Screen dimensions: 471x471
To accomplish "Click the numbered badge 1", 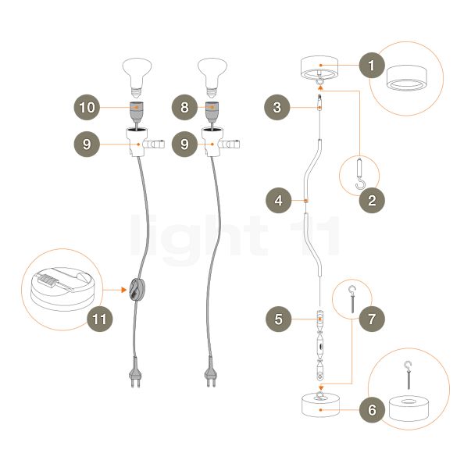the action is coord(372,65).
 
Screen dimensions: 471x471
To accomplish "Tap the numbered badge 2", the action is coord(372,201).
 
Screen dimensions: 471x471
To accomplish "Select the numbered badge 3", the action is coord(277,107).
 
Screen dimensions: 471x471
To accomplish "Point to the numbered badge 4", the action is coord(278,201).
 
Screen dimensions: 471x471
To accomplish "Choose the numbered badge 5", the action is coord(278,319).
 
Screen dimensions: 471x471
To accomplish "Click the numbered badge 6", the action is coord(372,410).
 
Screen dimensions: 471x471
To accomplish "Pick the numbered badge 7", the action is coord(372,319).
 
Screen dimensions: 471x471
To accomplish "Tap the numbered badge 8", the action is coord(184,107).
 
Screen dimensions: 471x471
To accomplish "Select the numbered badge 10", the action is coord(87,107).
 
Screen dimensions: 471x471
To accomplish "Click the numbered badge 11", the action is coord(100,319).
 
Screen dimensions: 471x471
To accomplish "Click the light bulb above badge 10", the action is coord(137,77).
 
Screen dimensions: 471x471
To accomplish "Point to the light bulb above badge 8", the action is coord(212,77).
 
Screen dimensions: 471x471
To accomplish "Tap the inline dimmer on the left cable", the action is coord(137,290).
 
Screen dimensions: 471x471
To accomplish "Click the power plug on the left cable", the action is coord(135,372).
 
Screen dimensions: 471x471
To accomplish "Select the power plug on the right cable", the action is coord(210,372).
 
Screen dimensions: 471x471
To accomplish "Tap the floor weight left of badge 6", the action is coord(320,405).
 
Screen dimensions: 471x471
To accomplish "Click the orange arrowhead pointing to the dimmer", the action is coord(123,290).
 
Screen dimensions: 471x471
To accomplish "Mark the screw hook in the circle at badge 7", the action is coord(352,299).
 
